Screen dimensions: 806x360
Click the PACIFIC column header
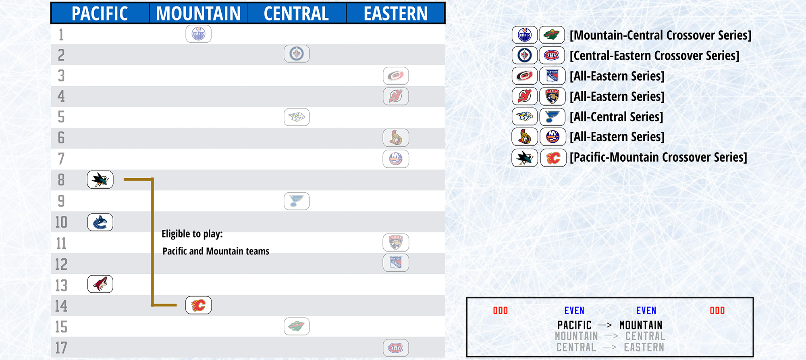[100, 14]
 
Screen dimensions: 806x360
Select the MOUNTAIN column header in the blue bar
[198, 14]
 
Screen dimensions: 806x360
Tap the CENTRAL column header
[296, 14]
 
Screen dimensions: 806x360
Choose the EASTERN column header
[396, 14]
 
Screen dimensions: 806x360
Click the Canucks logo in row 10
[100, 223]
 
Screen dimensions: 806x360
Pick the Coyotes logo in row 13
[100, 284]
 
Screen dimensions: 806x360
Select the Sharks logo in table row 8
[100, 180]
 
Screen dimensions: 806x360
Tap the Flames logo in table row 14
[198, 305]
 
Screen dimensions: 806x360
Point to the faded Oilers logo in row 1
[198, 34]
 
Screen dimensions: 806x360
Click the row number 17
[61, 348]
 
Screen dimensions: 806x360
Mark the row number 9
[61, 201]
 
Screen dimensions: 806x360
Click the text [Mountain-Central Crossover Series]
[661, 35]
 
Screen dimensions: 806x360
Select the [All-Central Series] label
[616, 117]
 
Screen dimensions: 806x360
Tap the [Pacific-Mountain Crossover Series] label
[659, 157]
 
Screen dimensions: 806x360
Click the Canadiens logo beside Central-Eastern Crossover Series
[552, 55]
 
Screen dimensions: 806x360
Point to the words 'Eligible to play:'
[192, 234]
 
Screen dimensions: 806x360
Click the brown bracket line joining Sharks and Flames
[152, 242]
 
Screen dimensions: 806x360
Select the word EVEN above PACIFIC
[574, 310]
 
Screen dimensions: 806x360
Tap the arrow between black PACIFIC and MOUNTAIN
[605, 325]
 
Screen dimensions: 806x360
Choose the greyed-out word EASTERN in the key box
[644, 347]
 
